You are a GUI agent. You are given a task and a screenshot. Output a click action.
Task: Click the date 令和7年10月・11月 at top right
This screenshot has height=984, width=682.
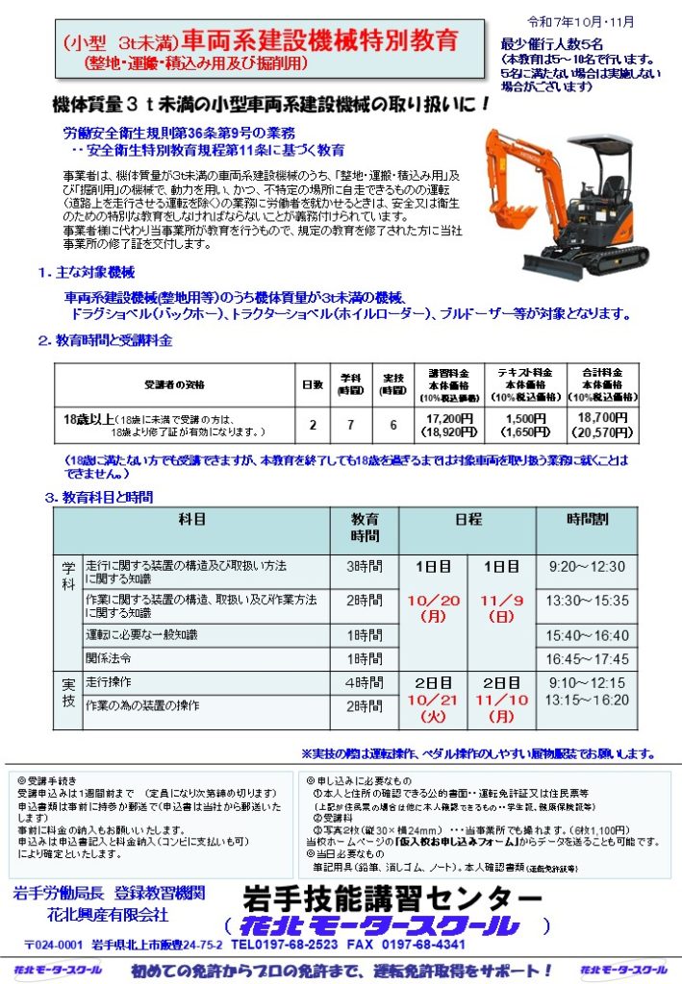(x=594, y=21)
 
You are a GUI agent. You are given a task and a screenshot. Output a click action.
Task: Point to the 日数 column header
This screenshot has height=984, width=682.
(x=312, y=384)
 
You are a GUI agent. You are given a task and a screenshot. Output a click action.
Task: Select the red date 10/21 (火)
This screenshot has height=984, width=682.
(x=433, y=706)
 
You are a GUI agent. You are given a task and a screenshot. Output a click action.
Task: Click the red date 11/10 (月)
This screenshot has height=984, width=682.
(x=501, y=706)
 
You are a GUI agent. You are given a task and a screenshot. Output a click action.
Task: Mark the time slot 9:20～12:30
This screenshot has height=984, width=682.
(x=587, y=567)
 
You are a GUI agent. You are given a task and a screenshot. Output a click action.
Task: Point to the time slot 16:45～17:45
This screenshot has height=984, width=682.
(x=587, y=659)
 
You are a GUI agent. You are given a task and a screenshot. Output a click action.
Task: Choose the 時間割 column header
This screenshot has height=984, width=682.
(x=587, y=519)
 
